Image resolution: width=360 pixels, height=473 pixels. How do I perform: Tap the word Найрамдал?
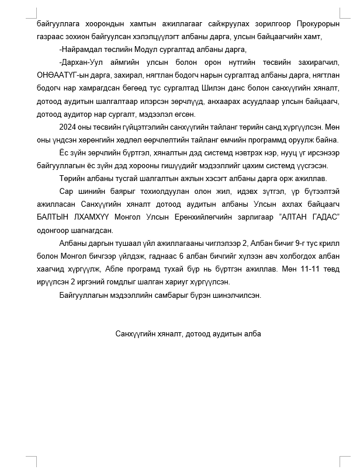pos(82,49)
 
